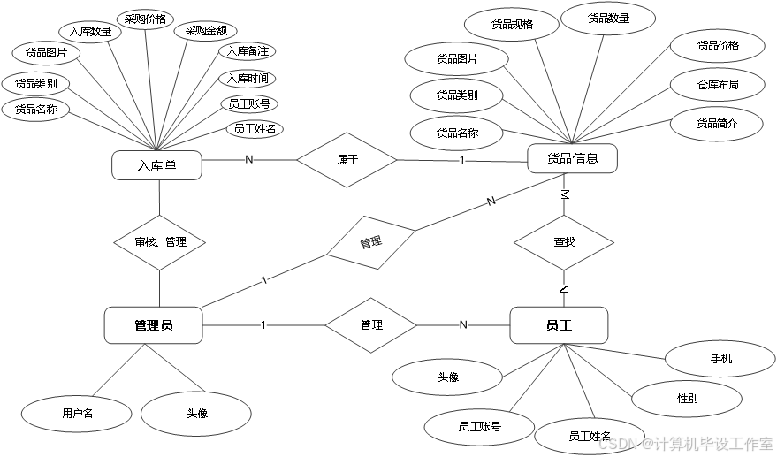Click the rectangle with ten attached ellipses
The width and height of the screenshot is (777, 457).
(x=156, y=165)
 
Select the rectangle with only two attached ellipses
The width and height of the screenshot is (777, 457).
(x=153, y=325)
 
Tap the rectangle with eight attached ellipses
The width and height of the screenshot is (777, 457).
(x=572, y=159)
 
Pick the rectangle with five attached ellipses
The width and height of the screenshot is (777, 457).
(x=559, y=325)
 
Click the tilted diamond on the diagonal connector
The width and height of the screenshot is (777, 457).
(x=370, y=242)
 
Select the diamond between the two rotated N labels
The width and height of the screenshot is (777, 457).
(x=564, y=242)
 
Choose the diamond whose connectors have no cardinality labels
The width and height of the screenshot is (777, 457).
(x=159, y=242)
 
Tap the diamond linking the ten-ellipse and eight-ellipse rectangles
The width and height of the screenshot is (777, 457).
(x=346, y=160)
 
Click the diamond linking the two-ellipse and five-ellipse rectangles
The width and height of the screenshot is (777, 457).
(x=370, y=325)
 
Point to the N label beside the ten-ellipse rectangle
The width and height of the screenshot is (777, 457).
(x=249, y=160)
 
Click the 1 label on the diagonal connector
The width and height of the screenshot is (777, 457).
(x=264, y=281)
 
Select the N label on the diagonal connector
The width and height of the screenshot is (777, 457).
(x=491, y=202)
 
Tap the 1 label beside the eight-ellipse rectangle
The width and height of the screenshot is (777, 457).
(x=462, y=161)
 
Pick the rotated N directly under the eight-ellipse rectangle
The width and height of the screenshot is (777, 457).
(x=564, y=194)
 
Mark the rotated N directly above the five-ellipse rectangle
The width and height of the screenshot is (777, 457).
(x=564, y=288)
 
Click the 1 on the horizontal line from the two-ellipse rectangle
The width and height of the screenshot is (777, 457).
(x=263, y=325)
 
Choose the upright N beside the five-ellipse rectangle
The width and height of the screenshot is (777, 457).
(x=463, y=325)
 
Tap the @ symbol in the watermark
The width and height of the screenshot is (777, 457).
(x=647, y=442)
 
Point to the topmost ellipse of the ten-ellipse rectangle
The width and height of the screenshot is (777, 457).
(x=145, y=19)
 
